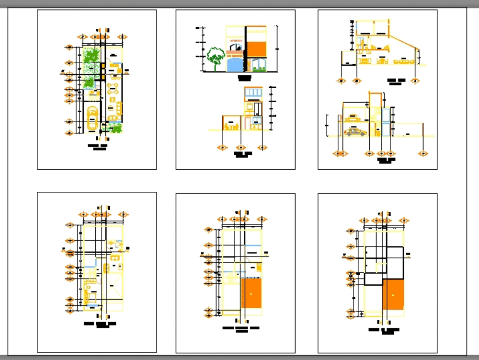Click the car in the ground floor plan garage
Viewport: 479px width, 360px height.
point(92,120)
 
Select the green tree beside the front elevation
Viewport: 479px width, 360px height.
point(216,55)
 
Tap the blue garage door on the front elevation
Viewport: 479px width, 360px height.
point(234,64)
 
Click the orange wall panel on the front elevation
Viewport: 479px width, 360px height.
point(256,49)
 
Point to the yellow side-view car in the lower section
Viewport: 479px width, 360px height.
point(355,132)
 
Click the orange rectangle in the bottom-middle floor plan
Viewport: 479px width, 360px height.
point(251,293)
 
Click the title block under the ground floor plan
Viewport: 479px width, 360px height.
point(99,147)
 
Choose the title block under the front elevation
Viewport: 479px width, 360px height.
point(245,77)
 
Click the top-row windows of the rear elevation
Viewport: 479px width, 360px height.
point(253,92)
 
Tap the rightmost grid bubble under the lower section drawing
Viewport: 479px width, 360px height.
point(423,153)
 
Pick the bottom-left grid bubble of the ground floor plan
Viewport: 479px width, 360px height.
point(70,133)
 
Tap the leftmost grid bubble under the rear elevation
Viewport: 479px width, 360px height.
point(222,148)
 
